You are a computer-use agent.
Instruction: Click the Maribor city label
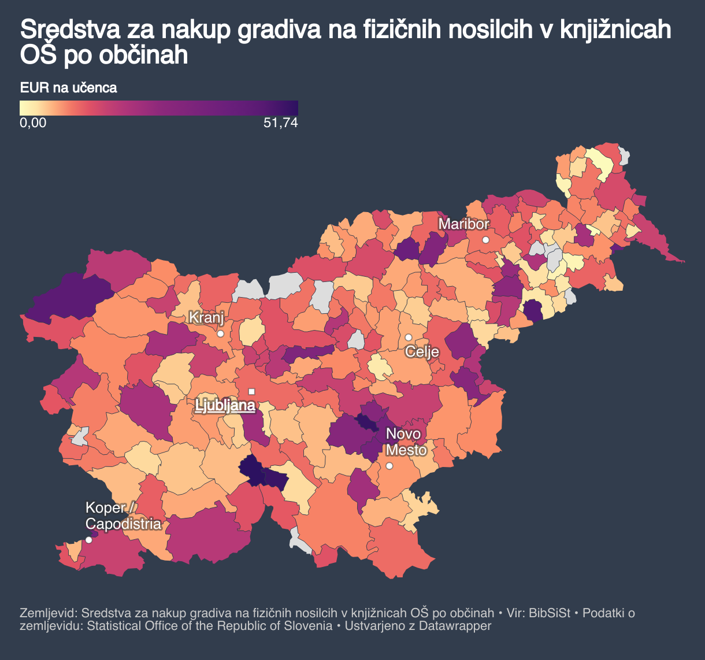(463, 224)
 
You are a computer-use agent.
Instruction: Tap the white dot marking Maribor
(486, 239)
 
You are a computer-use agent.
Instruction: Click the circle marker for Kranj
(220, 333)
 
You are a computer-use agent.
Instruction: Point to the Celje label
(422, 351)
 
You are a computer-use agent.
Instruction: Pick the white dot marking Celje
(408, 337)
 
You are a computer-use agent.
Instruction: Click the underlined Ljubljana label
(225, 406)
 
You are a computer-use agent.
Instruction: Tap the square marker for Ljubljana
(251, 391)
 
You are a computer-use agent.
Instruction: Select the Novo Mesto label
(406, 442)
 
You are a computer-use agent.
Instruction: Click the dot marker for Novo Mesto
(389, 466)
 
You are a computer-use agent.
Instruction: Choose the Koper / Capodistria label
(123, 516)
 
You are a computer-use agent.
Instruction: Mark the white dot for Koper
(88, 540)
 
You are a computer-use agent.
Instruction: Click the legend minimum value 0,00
(33, 123)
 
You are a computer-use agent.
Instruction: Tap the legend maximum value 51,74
(280, 123)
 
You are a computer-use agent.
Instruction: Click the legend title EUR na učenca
(68, 88)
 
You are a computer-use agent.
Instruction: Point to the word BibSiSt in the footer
(550, 613)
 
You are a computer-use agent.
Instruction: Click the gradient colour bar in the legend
(159, 108)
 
